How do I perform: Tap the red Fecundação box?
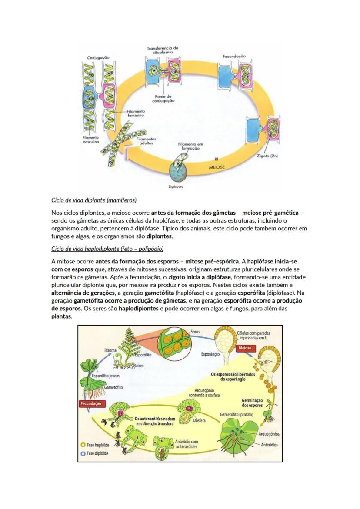coord(91,403)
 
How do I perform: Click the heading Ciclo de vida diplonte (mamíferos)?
coord(94,200)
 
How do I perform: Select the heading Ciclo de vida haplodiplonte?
coord(107,249)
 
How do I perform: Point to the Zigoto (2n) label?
coord(267,156)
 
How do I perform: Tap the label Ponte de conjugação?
coord(163,98)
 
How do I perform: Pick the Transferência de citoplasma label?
coord(163,50)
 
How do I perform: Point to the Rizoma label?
coord(110,350)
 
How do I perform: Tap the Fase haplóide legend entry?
coord(95,445)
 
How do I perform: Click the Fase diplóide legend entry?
coord(95,453)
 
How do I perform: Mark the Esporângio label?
coord(210,354)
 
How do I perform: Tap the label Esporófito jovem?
coord(106,376)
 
